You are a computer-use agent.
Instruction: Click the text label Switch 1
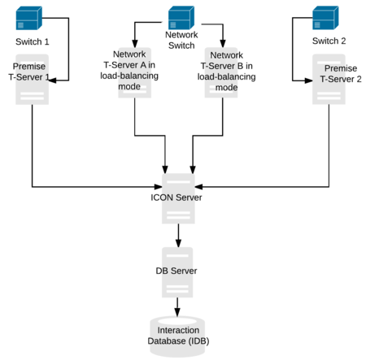[33, 41]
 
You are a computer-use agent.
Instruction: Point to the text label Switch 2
[329, 41]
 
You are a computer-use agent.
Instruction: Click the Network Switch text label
[181, 41]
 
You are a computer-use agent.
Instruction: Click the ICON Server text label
[177, 197]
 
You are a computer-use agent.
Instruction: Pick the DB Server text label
[177, 270]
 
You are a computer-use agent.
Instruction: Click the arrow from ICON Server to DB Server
[178, 236]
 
